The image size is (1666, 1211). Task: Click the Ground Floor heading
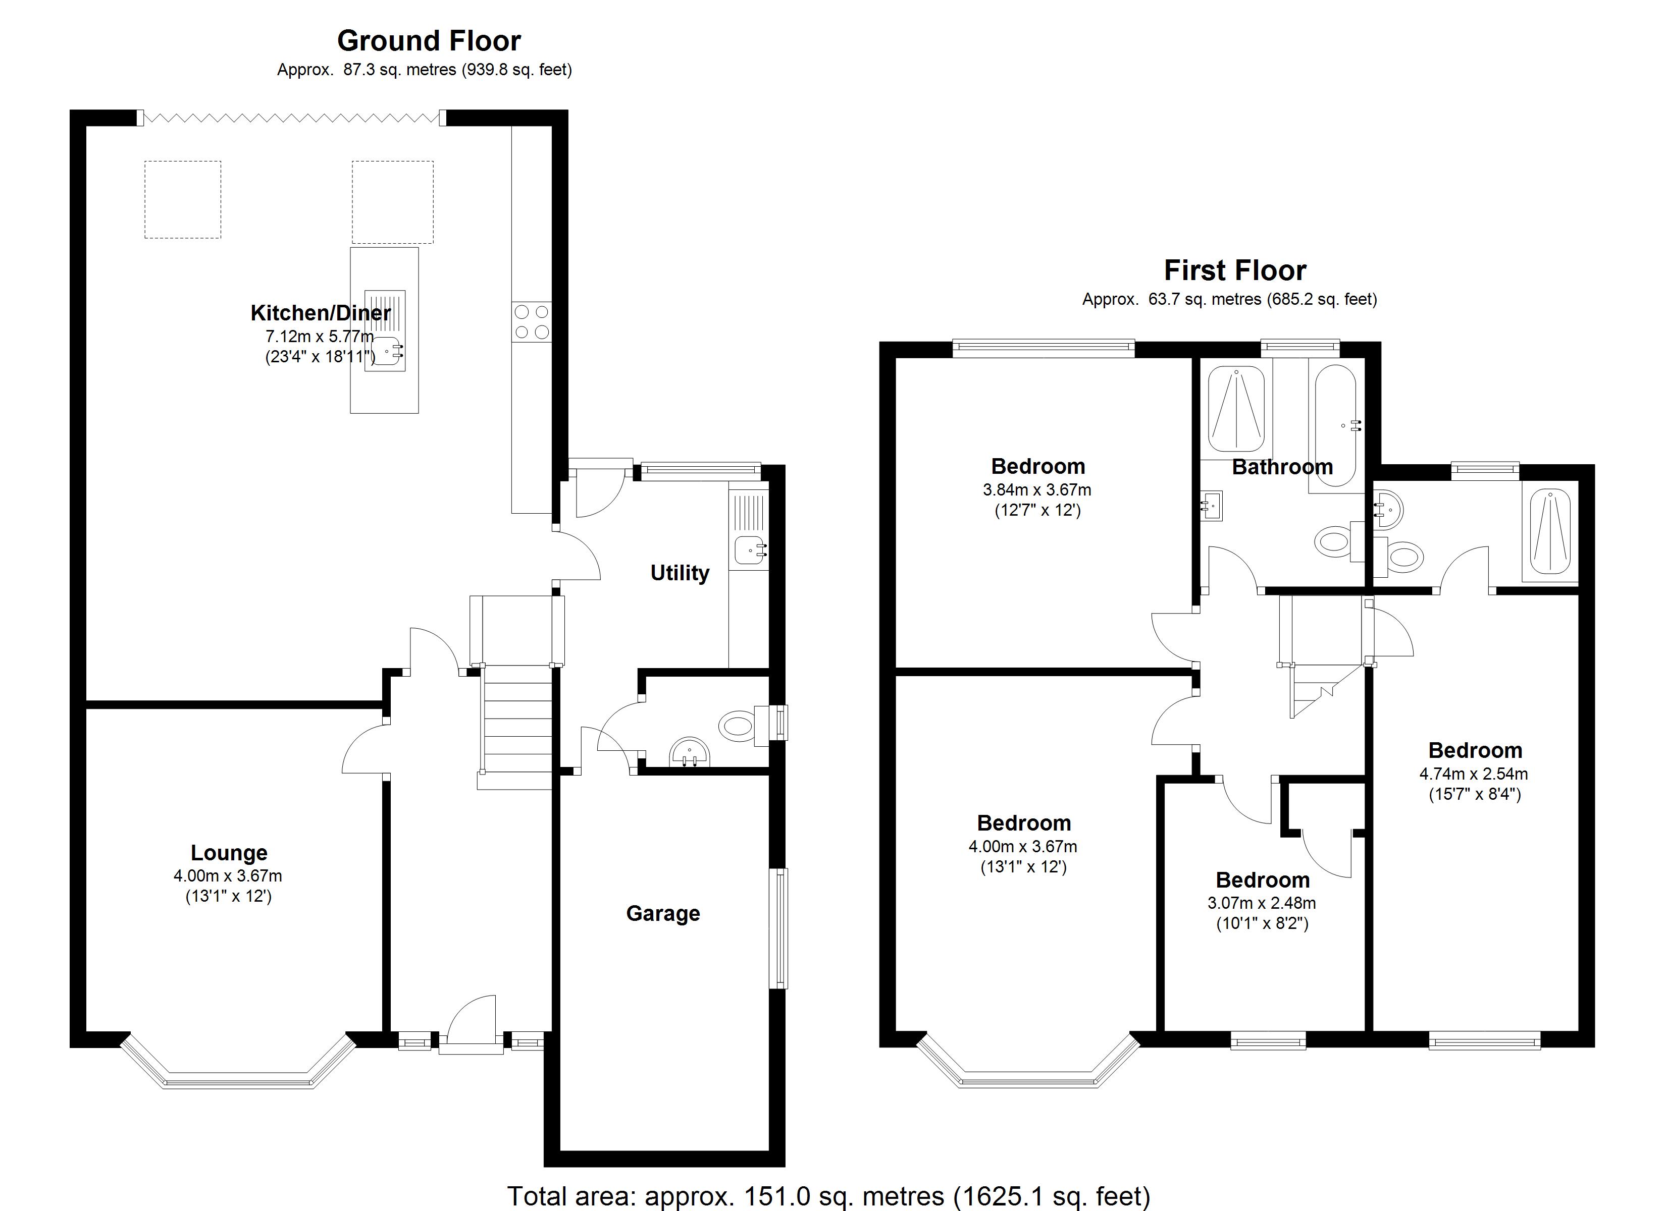(x=429, y=41)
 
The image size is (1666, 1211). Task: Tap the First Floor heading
(x=1235, y=271)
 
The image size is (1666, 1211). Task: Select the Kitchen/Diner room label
(x=320, y=313)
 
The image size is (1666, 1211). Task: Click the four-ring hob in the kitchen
(x=532, y=321)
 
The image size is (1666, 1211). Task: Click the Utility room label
(x=680, y=573)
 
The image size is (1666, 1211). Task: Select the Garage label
(x=662, y=914)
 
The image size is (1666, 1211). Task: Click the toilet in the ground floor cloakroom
(x=737, y=726)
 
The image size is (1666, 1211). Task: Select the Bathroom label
(x=1282, y=467)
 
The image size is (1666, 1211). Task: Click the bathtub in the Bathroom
(x=1335, y=426)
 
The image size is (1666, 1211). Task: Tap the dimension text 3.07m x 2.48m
(x=1261, y=903)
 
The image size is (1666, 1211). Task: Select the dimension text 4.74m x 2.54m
(x=1474, y=774)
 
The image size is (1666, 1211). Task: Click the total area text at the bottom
(x=828, y=1195)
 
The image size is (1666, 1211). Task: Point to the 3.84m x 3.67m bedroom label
(x=1037, y=490)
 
